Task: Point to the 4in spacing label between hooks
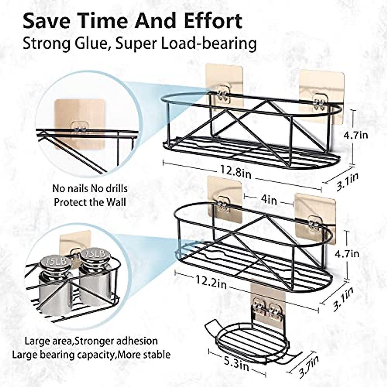268,200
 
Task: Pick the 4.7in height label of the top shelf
355,134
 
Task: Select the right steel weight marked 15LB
94,277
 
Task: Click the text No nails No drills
90,188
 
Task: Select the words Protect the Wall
90,202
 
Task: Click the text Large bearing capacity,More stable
91,355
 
